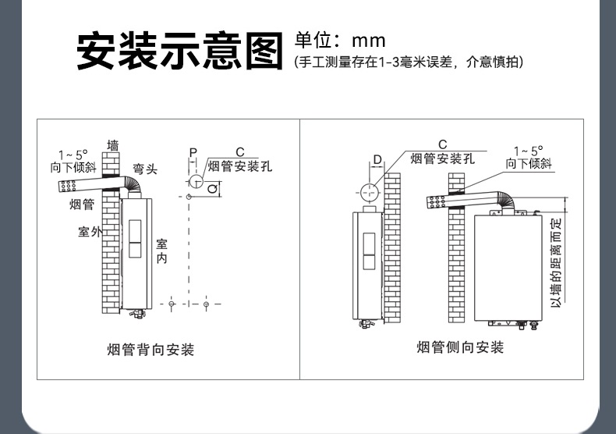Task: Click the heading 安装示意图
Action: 179,50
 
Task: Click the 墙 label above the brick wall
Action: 113,145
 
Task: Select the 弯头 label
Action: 143,169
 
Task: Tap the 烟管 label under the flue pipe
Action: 81,205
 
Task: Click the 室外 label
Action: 90,233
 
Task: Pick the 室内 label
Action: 161,251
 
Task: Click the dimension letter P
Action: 192,151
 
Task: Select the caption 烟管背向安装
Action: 150,349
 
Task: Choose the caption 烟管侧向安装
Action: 459,347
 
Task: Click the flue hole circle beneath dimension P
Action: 194,181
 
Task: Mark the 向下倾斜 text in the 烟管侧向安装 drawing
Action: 528,163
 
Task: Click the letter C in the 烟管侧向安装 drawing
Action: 442,144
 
